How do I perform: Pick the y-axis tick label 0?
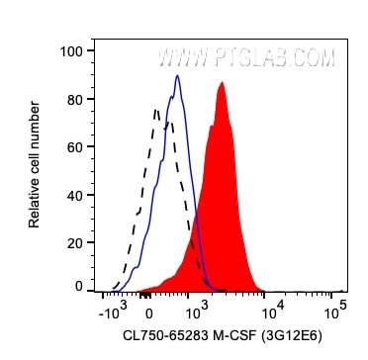click(x=76, y=286)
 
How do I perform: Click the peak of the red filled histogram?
click(x=221, y=83)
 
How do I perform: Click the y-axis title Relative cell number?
click(x=35, y=167)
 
